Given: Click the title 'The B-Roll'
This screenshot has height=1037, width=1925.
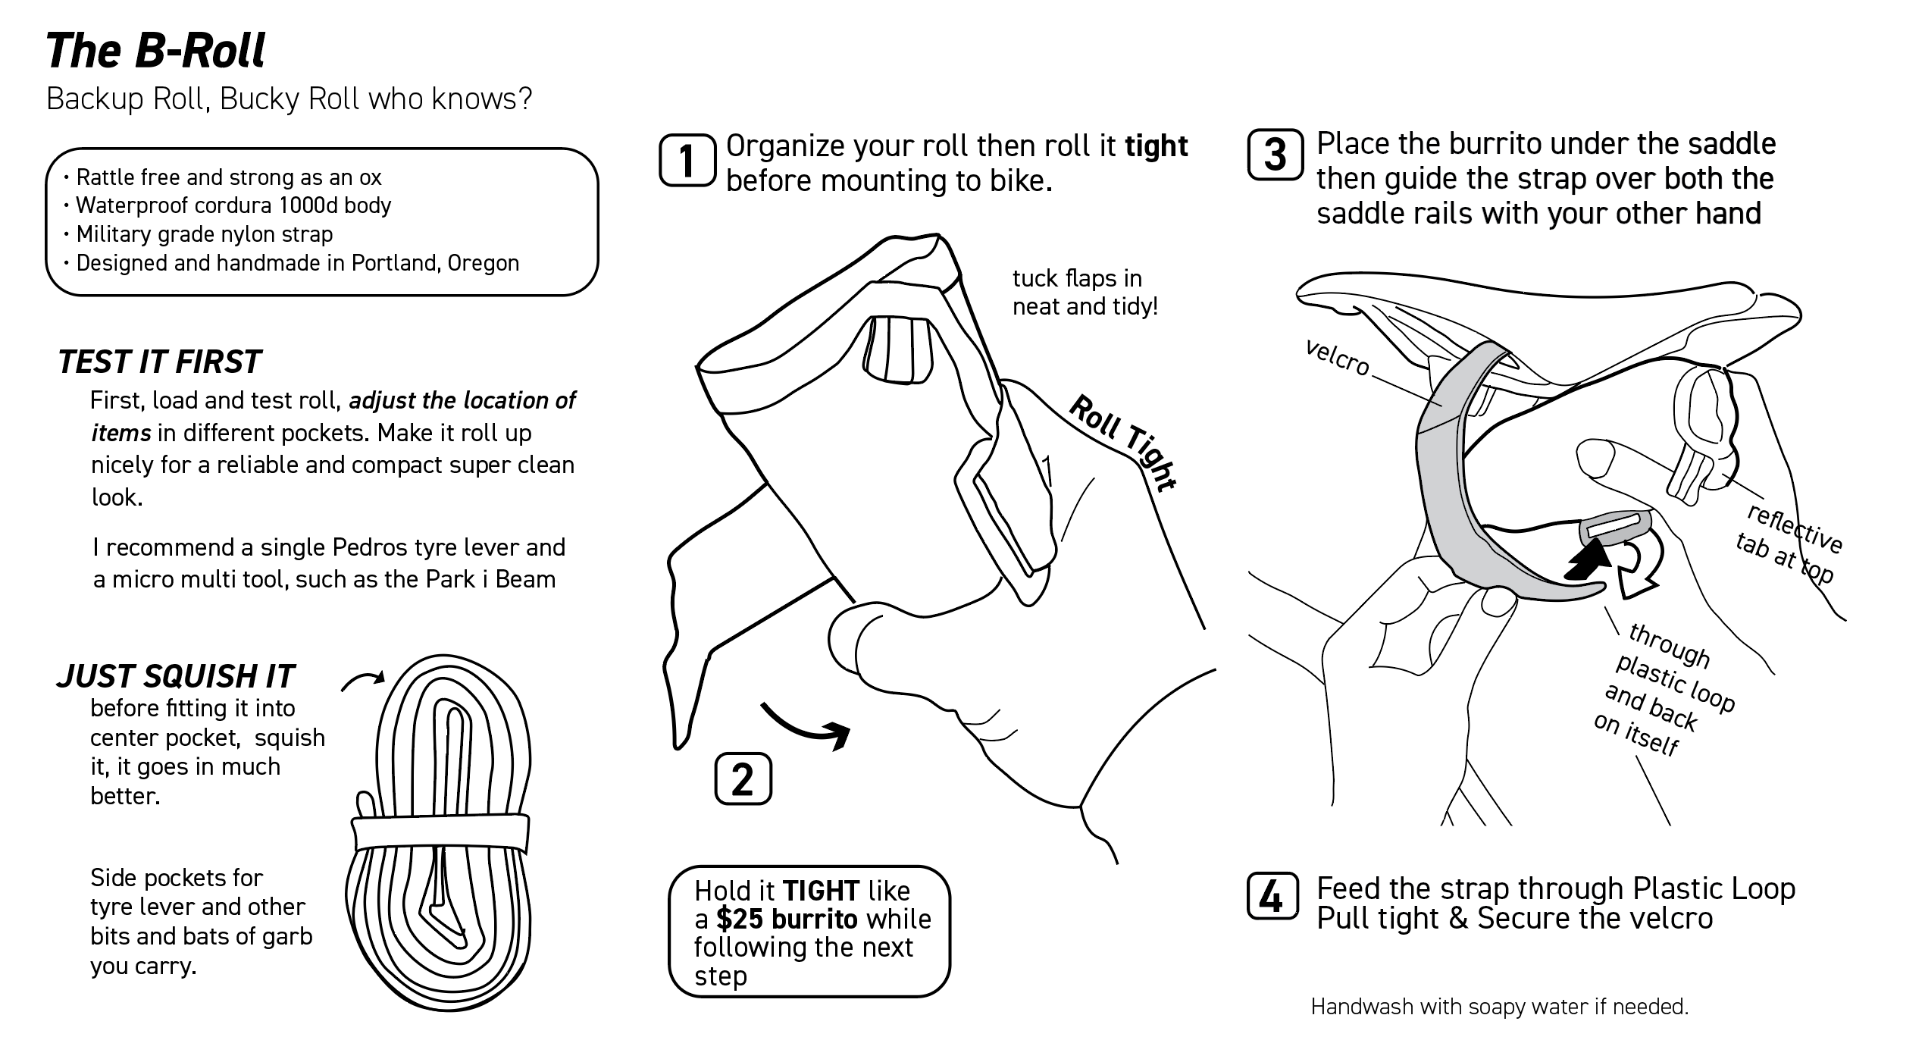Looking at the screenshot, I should tap(155, 52).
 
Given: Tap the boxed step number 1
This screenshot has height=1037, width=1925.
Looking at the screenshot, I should tap(687, 160).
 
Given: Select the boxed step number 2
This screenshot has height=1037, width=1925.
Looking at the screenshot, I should tap(743, 779).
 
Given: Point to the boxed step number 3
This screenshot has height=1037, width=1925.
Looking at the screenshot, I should tap(1276, 155).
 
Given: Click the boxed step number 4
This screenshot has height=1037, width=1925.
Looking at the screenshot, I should tap(1272, 897).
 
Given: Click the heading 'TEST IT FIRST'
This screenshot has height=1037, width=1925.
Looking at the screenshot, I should tap(159, 362).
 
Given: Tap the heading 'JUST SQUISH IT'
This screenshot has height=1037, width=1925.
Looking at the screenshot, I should tap(175, 676).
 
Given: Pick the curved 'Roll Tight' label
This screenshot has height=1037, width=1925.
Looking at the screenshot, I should tap(1122, 443).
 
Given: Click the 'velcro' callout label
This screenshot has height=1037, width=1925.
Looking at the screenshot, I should tap(1337, 358).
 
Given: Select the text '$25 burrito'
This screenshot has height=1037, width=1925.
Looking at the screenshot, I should tap(786, 919).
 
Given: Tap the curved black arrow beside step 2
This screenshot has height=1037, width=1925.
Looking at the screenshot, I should tap(807, 725).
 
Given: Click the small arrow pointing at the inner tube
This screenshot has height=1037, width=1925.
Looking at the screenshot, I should tap(363, 681).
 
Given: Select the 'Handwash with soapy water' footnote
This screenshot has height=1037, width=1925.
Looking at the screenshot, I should tap(1499, 1007).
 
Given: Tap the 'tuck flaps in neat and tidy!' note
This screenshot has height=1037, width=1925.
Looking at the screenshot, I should tap(1085, 293).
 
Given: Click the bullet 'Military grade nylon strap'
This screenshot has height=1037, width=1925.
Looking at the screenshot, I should tap(204, 234).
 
